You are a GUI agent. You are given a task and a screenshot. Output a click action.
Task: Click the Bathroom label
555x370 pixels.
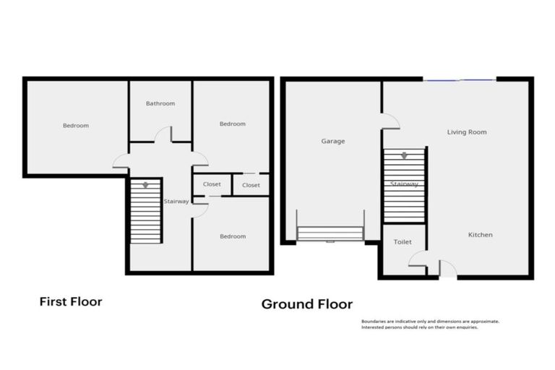coord(160,103)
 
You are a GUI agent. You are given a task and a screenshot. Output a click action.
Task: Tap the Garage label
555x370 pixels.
coord(332,141)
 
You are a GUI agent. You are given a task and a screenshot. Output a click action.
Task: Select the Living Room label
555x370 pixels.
coord(466,132)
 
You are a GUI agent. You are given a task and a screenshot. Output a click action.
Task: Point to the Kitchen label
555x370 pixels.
coord(480,235)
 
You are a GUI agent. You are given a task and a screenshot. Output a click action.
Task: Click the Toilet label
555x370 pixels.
coord(403,243)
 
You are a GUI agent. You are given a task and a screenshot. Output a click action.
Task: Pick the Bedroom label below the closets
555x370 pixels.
coord(232,236)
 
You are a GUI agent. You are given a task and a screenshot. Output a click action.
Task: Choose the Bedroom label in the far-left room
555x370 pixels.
coord(75,126)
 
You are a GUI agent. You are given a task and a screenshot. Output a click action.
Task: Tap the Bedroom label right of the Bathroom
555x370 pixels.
coord(232,124)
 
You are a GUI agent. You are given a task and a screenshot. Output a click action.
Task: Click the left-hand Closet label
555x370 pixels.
coord(212,184)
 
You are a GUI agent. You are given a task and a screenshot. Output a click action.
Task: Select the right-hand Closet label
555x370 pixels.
coord(251,185)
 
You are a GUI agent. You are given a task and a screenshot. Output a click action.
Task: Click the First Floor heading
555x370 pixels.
coord(70,301)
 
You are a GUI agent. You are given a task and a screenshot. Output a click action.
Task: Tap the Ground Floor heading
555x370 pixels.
coord(306,304)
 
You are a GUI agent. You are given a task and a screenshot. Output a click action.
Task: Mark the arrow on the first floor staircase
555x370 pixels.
coord(145,185)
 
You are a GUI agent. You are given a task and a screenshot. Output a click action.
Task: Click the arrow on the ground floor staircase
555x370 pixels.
coord(404,155)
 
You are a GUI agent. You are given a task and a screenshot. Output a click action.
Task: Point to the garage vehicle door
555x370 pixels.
coord(330,233)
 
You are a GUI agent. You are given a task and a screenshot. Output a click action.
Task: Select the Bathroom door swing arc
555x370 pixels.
coord(163,134)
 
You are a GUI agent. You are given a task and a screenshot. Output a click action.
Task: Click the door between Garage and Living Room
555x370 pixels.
coord(390,121)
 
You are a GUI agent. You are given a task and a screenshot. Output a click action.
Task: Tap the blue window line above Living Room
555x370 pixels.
coord(459,79)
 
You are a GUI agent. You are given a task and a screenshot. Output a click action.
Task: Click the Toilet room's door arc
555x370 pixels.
coord(418,259)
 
